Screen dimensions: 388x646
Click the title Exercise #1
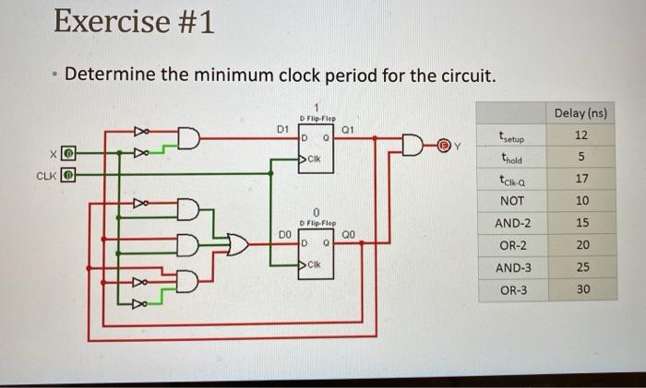coord(134,20)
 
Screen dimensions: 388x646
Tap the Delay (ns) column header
coord(580,112)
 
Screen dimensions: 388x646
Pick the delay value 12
coord(580,135)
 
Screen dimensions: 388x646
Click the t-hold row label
coord(510,158)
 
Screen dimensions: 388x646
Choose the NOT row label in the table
coord(511,201)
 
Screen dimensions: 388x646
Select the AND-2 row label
coord(513,223)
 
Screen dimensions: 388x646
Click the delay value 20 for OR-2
coord(580,245)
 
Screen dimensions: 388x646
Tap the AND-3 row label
coord(513,267)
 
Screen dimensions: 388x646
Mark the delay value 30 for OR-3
coord(580,289)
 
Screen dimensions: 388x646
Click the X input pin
coord(68,152)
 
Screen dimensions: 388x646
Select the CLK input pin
coord(68,173)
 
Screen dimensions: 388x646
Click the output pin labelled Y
coord(443,145)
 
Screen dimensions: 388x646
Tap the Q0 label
coord(347,235)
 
